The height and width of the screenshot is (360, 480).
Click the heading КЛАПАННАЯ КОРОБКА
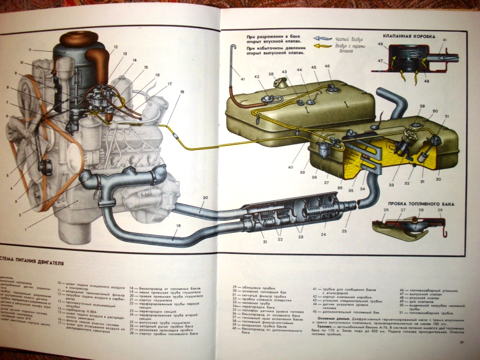click(x=409, y=36)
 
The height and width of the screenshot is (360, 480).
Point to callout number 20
click(x=205, y=198)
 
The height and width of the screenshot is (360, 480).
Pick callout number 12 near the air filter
click(x=115, y=47)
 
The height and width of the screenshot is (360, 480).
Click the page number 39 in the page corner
click(x=463, y=346)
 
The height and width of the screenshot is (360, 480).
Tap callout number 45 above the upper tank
click(x=314, y=67)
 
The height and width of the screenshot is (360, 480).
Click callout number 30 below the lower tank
click(x=438, y=179)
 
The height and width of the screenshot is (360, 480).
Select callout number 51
click(x=447, y=116)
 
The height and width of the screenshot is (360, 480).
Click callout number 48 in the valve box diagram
click(x=380, y=45)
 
